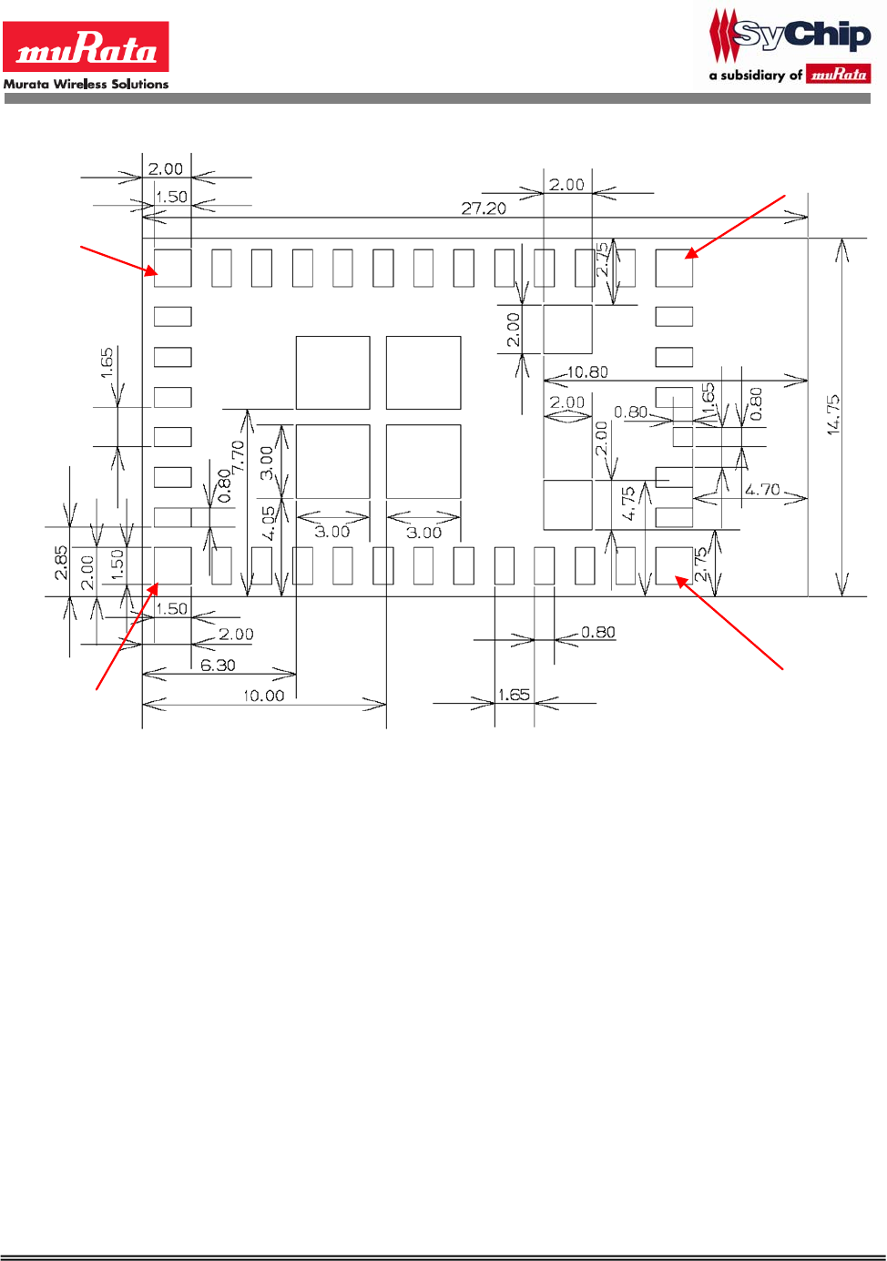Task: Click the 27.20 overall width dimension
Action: [483, 208]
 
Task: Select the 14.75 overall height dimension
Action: [833, 414]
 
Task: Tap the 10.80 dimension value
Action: [587, 371]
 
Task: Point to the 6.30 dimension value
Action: [218, 665]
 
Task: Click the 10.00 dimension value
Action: [263, 696]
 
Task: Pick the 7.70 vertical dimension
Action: [239, 455]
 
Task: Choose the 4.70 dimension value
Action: [762, 490]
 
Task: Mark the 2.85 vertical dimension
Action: [60, 562]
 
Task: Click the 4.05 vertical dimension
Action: [269, 523]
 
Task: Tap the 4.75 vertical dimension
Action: [628, 503]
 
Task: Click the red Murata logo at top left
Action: [86, 46]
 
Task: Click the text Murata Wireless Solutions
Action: [86, 84]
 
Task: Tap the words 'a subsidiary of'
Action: [755, 76]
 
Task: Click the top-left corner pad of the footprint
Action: [172, 268]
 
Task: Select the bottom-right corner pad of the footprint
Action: [674, 565]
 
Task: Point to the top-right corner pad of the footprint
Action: [674, 268]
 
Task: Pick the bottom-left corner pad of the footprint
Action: [172, 565]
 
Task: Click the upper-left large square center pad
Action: [332, 372]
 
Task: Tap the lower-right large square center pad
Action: [423, 461]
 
